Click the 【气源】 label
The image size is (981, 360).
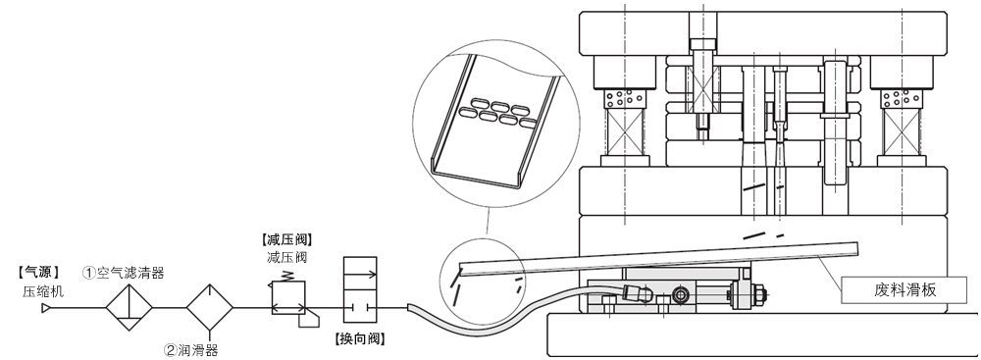(39, 273)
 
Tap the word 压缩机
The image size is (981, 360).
(43, 291)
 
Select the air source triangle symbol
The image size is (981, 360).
(46, 308)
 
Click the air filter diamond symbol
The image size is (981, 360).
(129, 307)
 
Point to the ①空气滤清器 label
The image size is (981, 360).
(124, 273)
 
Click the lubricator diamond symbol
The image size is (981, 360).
(210, 307)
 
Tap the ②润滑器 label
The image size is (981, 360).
(191, 350)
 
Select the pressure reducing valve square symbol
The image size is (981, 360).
(288, 298)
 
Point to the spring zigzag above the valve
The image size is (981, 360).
(288, 276)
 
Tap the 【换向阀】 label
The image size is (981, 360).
(360, 338)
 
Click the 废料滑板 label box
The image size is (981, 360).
(904, 290)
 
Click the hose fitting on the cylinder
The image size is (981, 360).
(639, 293)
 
